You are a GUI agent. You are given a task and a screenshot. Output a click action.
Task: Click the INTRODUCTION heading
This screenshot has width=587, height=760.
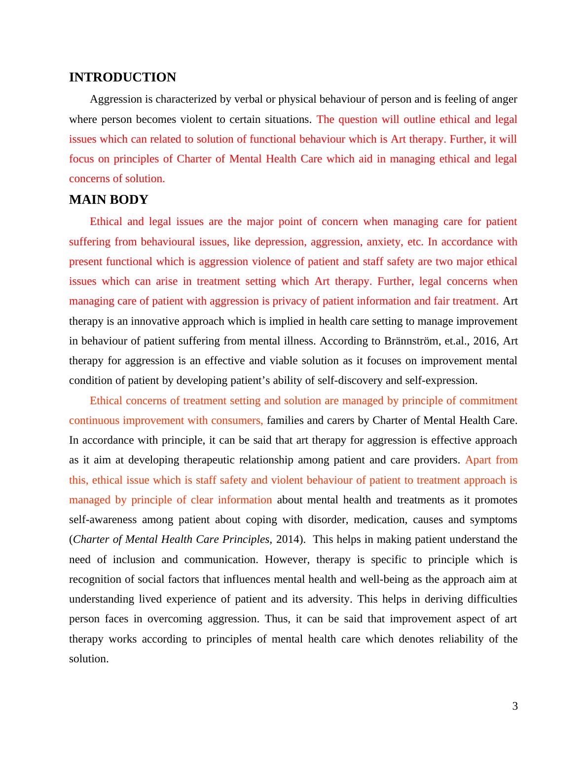122,77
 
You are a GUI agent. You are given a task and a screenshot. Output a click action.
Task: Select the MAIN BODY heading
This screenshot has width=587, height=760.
109,200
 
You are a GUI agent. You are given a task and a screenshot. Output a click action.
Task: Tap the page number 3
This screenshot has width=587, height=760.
515,706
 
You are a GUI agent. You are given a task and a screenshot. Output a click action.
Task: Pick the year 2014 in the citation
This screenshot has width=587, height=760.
288,539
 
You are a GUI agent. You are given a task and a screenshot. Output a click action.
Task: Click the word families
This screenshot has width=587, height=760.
285,420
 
